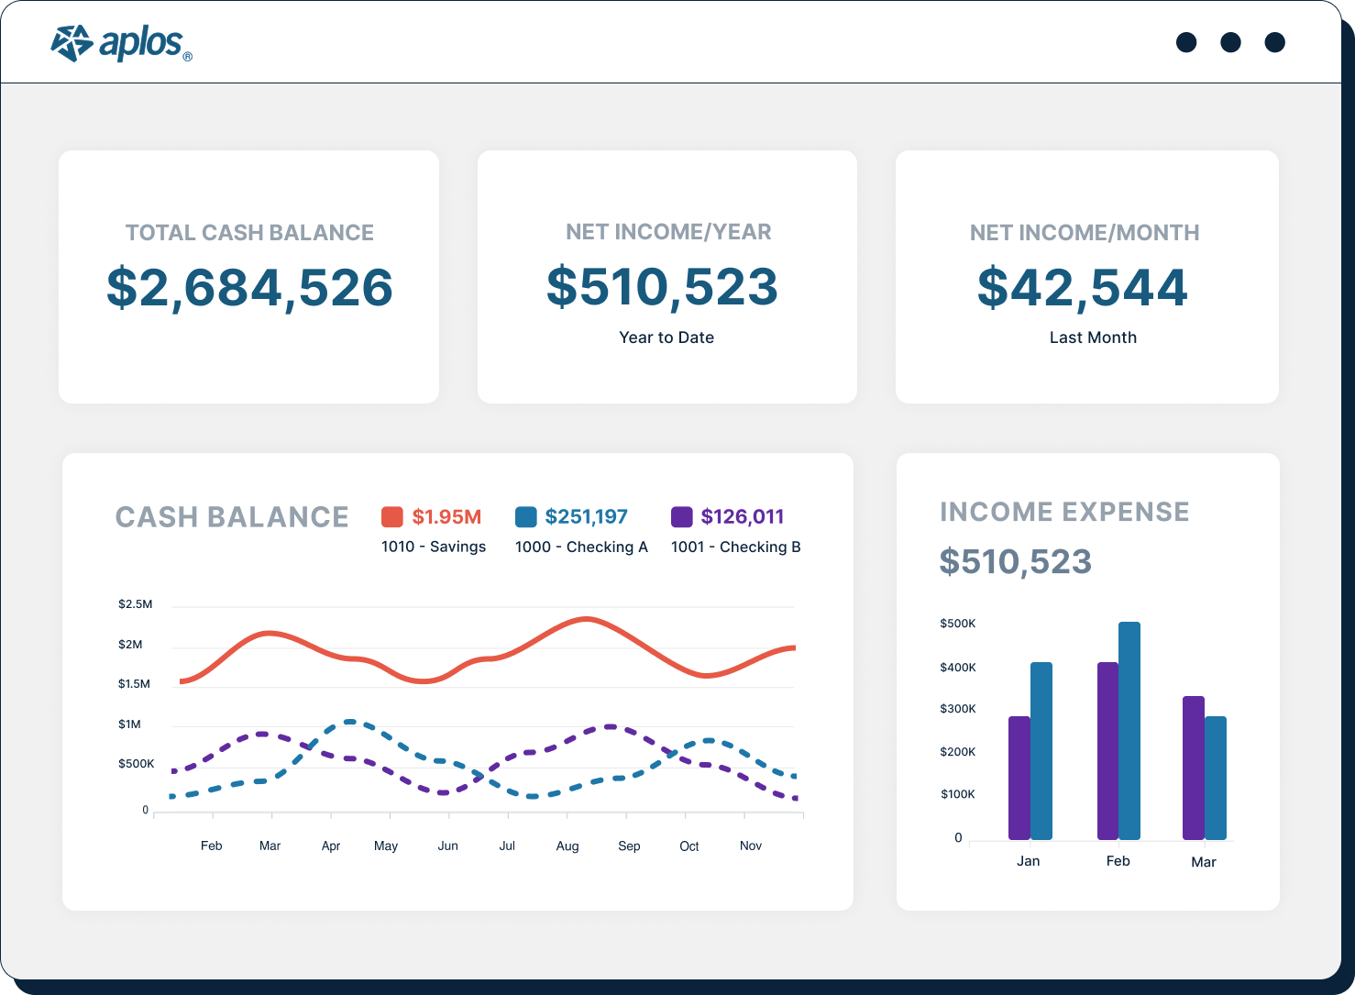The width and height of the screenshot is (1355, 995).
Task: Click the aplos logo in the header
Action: (x=121, y=43)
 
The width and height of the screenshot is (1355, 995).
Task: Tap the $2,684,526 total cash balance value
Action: (x=249, y=288)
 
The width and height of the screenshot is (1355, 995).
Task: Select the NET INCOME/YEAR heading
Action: (x=668, y=232)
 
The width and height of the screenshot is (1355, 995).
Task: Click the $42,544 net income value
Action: (x=1083, y=288)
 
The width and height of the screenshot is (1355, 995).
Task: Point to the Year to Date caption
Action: (x=666, y=337)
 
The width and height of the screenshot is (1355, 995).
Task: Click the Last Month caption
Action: (x=1093, y=337)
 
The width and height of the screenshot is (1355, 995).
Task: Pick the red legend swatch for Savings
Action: (x=392, y=517)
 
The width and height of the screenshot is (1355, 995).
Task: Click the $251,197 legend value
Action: (x=586, y=517)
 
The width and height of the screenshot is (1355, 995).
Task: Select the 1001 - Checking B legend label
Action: (x=735, y=547)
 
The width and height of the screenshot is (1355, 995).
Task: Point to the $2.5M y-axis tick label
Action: (x=135, y=604)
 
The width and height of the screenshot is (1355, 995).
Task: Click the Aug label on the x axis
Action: (x=567, y=846)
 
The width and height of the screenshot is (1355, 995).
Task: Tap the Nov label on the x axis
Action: (x=751, y=846)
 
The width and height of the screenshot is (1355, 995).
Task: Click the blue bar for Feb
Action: (x=1129, y=731)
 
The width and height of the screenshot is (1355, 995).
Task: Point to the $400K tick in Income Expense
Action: (x=958, y=668)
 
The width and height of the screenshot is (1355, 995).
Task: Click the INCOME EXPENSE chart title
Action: (x=1064, y=512)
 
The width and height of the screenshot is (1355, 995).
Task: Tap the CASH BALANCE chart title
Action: (x=232, y=517)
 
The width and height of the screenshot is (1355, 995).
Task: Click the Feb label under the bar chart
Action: (x=1118, y=861)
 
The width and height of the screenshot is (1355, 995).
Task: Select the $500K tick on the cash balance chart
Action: (x=136, y=764)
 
